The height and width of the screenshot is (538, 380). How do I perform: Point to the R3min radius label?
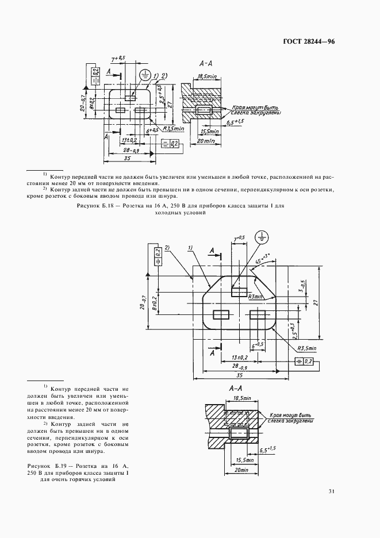[x=256, y=297]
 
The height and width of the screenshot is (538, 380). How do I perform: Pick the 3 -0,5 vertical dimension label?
[x=302, y=286]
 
